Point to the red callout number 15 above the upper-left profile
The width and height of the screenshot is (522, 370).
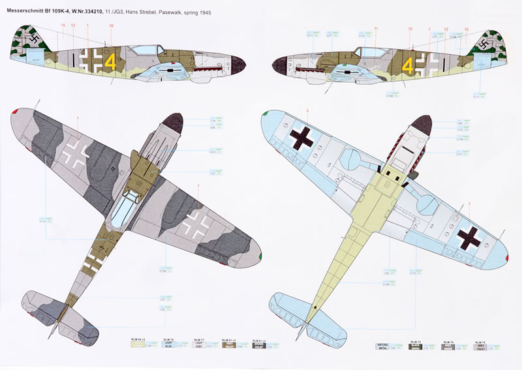click(63, 26)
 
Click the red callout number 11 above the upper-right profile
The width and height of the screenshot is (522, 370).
click(376, 29)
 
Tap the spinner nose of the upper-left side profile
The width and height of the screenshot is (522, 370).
click(236, 66)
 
